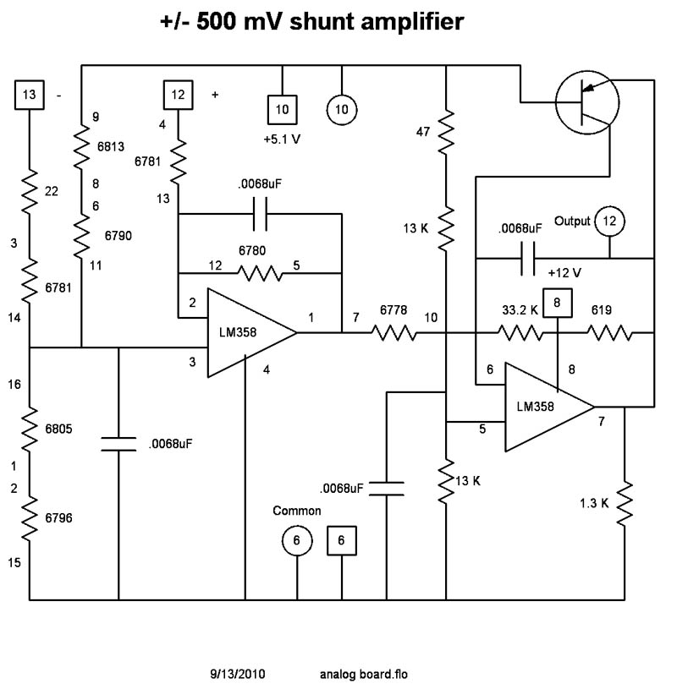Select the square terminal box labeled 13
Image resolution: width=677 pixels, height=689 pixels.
point(30,95)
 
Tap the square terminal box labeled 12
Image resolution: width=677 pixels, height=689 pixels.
point(179,95)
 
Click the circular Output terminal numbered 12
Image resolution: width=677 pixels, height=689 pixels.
point(609,221)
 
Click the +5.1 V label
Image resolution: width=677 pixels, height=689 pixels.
point(283,139)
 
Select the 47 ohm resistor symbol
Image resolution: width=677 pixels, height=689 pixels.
point(445,134)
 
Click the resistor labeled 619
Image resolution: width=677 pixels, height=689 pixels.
point(610,333)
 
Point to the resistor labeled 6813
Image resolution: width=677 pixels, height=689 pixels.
point(81,147)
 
